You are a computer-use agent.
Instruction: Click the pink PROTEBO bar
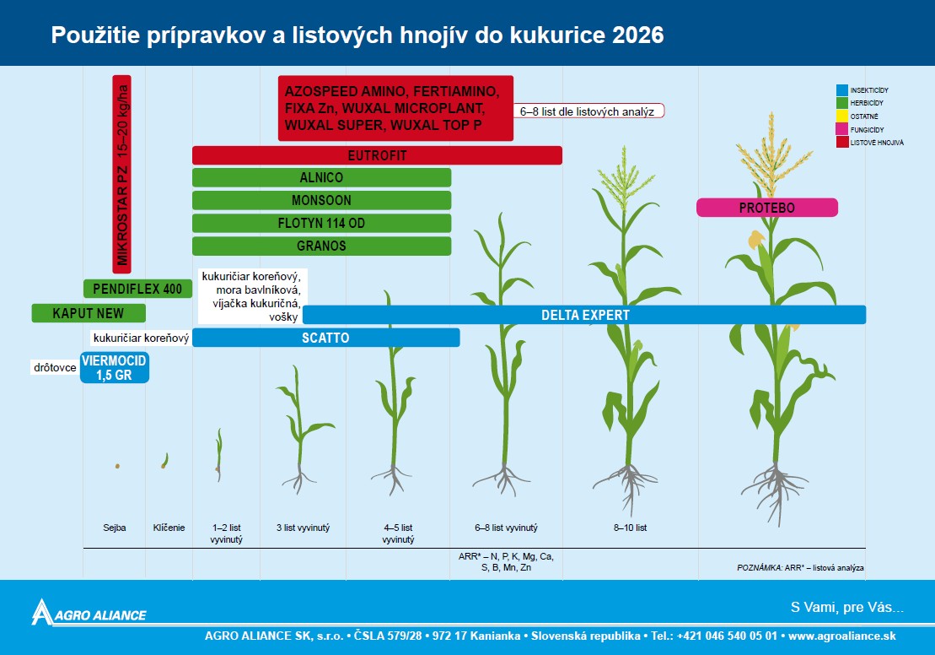(767, 208)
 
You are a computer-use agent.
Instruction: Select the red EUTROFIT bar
(377, 155)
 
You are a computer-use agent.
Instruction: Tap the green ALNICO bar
(321, 177)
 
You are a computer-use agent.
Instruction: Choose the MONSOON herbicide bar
(321, 200)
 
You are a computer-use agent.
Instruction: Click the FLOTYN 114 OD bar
(321, 224)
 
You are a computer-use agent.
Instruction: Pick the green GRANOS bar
(321, 246)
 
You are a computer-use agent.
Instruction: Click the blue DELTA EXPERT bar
(584, 315)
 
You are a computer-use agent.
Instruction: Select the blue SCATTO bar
(325, 338)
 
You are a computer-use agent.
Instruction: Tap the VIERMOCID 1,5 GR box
(115, 367)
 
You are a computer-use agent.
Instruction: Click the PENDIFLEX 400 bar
(137, 289)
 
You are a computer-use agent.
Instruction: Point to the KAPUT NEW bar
(89, 313)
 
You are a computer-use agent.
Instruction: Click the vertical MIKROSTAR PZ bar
(121, 175)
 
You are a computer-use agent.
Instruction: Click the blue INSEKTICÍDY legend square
(842, 90)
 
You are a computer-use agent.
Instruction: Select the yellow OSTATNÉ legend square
(842, 116)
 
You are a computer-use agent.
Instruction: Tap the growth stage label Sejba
(115, 528)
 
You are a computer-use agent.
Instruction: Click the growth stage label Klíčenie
(169, 528)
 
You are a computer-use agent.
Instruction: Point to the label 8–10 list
(631, 528)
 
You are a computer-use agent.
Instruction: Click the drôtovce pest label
(55, 367)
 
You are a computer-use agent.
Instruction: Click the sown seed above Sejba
(117, 466)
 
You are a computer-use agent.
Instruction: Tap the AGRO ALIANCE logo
(89, 613)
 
